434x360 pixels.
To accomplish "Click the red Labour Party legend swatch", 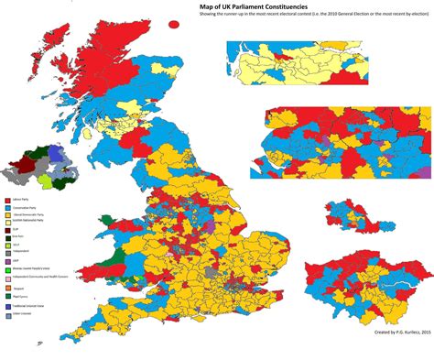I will [x=7, y=199].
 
